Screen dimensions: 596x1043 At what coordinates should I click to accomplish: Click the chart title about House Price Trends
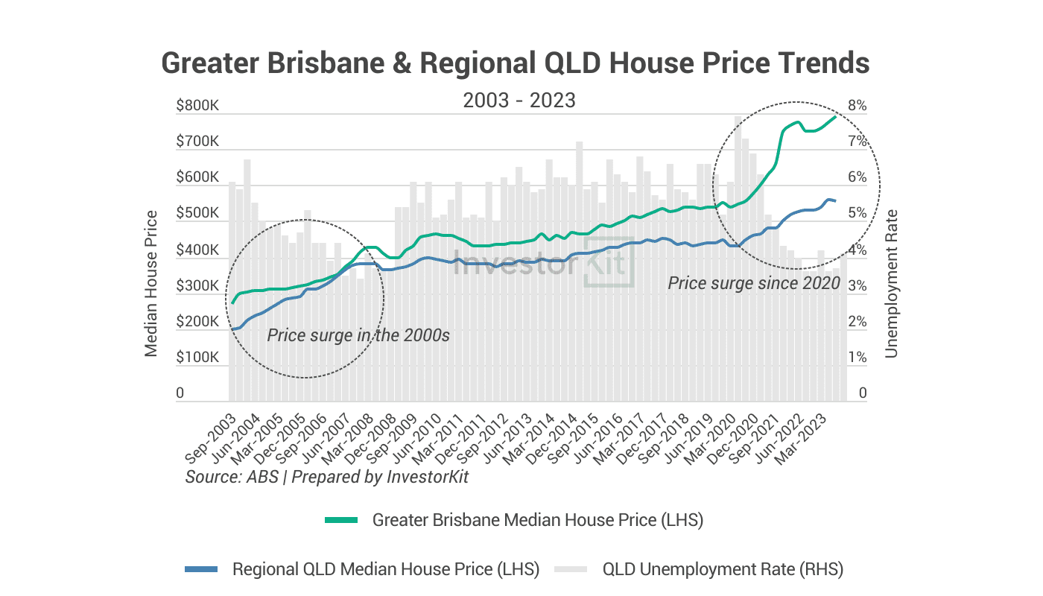tap(515, 63)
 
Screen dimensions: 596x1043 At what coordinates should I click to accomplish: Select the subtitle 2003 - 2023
tap(519, 100)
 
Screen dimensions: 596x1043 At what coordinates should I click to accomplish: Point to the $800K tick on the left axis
tap(197, 106)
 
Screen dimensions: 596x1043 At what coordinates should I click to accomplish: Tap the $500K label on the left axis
tap(197, 214)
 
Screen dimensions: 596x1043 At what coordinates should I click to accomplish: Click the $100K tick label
tap(197, 358)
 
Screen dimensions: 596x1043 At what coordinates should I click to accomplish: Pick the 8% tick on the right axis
tap(857, 106)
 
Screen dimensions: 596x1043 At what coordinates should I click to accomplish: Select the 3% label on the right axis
tap(857, 286)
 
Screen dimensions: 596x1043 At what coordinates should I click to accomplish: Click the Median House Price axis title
tap(151, 283)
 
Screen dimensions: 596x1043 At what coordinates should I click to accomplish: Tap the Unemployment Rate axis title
tap(892, 283)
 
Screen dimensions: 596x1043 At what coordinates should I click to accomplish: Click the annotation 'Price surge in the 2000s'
tap(358, 335)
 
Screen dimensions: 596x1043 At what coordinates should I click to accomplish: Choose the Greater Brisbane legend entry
tap(514, 520)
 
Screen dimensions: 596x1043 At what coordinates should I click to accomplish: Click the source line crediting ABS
tap(327, 477)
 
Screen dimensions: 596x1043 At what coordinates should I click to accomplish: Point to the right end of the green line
tap(835, 115)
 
